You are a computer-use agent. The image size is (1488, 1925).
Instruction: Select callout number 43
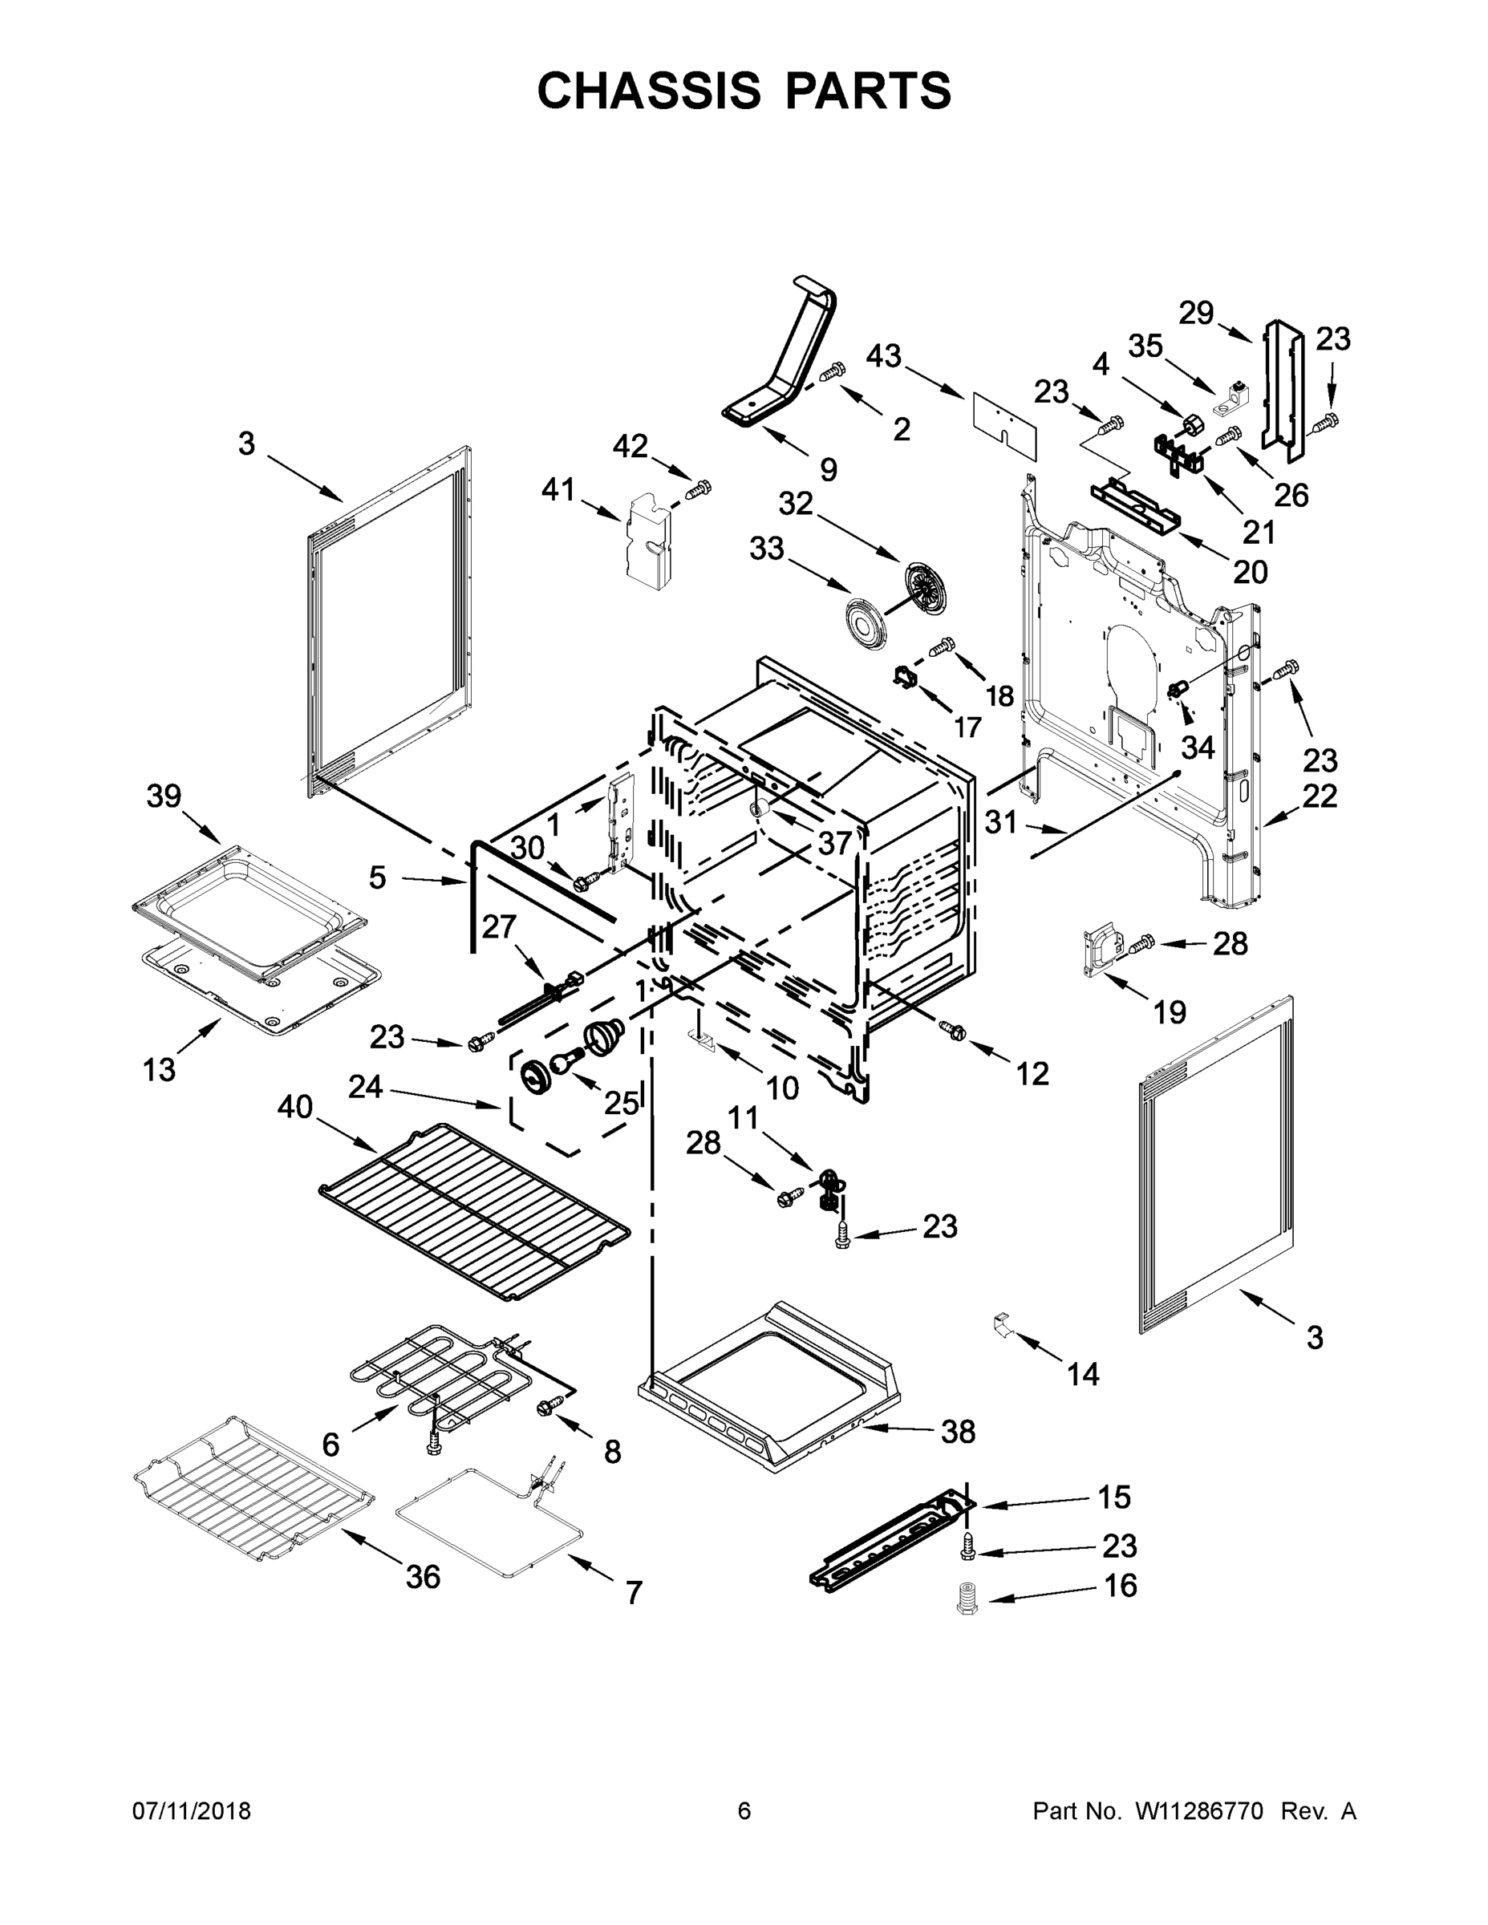point(883,356)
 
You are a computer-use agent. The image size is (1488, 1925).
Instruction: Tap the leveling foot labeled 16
point(968,1599)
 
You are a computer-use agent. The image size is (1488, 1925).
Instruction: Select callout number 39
point(164,796)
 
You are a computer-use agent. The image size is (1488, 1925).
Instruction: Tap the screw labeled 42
point(700,488)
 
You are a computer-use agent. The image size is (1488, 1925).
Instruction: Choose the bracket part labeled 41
point(648,541)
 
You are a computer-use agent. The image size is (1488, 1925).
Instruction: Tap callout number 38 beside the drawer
point(959,1432)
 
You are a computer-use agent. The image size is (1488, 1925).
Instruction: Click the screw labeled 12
point(952,1027)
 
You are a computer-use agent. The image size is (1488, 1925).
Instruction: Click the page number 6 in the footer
point(744,1810)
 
